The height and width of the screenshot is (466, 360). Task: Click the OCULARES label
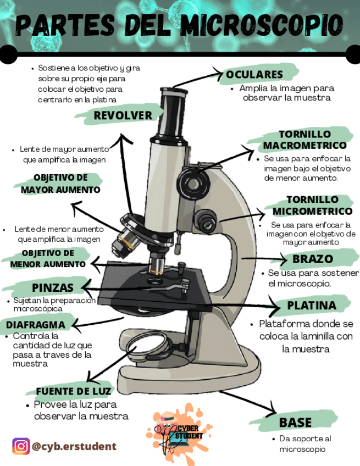tap(254, 74)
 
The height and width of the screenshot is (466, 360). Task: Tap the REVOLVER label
tap(123, 115)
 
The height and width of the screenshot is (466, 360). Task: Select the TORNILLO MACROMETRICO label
tap(304, 140)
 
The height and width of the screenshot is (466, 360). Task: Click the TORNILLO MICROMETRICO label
tap(312, 206)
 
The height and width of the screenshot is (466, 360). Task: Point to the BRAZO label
tap(312, 259)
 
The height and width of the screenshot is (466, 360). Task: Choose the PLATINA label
tap(311, 305)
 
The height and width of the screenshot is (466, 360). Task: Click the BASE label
tap(295, 422)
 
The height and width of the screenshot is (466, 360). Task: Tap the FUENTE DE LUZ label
tap(74, 391)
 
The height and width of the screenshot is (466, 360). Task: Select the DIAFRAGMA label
tap(36, 324)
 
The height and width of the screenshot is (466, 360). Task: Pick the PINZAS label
tap(53, 288)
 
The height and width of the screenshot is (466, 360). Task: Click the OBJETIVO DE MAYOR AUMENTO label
tap(60, 184)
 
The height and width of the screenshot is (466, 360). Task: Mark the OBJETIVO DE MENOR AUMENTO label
tap(48, 258)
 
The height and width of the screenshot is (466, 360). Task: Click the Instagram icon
tap(21, 446)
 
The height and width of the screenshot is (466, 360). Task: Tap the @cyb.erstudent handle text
tap(74, 446)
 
